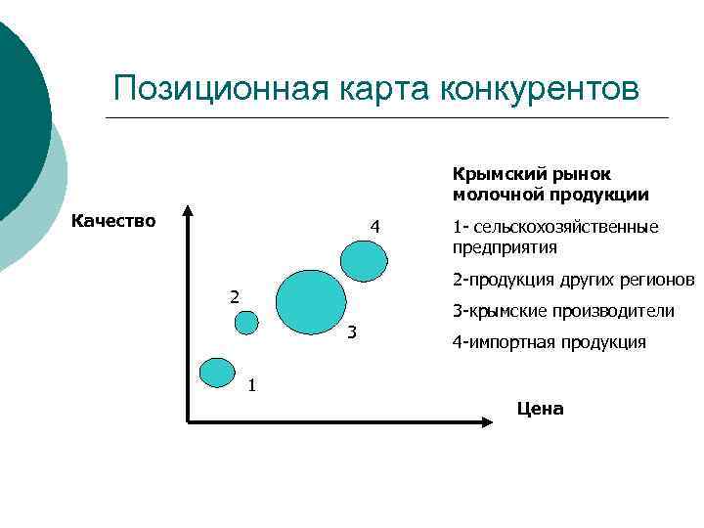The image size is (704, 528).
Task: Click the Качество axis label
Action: click(114, 220)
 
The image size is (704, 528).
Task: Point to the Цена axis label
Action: click(540, 408)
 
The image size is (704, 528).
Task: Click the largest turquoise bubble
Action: click(311, 299)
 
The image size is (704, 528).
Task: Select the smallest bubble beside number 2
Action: click(246, 323)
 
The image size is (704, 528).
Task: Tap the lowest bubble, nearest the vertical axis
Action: click(215, 372)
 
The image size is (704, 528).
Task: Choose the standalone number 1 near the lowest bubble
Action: click(251, 384)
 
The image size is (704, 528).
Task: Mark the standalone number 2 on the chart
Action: click(233, 296)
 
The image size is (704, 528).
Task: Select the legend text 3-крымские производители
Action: click(563, 311)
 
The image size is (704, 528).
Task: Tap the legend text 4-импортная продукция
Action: click(549, 342)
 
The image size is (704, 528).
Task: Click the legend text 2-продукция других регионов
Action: click(572, 281)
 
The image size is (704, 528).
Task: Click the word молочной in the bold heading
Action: click(493, 194)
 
